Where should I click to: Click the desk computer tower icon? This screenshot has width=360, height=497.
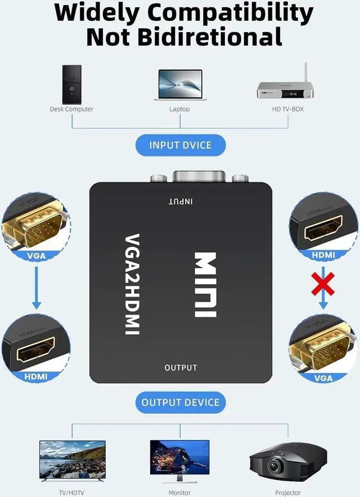(71, 84)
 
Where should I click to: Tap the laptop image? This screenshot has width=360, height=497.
(180, 85)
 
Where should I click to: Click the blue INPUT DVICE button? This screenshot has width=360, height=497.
(181, 145)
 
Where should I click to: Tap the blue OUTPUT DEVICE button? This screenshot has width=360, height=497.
(181, 402)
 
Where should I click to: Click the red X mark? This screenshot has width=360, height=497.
(323, 284)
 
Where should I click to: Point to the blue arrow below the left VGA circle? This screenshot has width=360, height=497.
(37, 288)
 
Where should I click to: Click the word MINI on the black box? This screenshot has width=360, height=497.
(205, 285)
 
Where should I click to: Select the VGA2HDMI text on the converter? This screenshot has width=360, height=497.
(132, 284)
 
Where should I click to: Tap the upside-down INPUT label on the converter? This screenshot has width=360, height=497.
(181, 202)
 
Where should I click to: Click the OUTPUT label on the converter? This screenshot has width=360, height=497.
(181, 368)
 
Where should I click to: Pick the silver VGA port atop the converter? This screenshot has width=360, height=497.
(199, 177)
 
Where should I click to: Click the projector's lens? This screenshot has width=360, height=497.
(273, 466)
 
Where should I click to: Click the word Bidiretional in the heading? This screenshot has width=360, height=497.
(209, 37)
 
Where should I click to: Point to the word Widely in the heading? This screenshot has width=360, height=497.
(97, 14)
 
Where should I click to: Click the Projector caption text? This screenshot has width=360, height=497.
(288, 492)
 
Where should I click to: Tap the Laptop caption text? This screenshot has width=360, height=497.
(179, 109)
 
